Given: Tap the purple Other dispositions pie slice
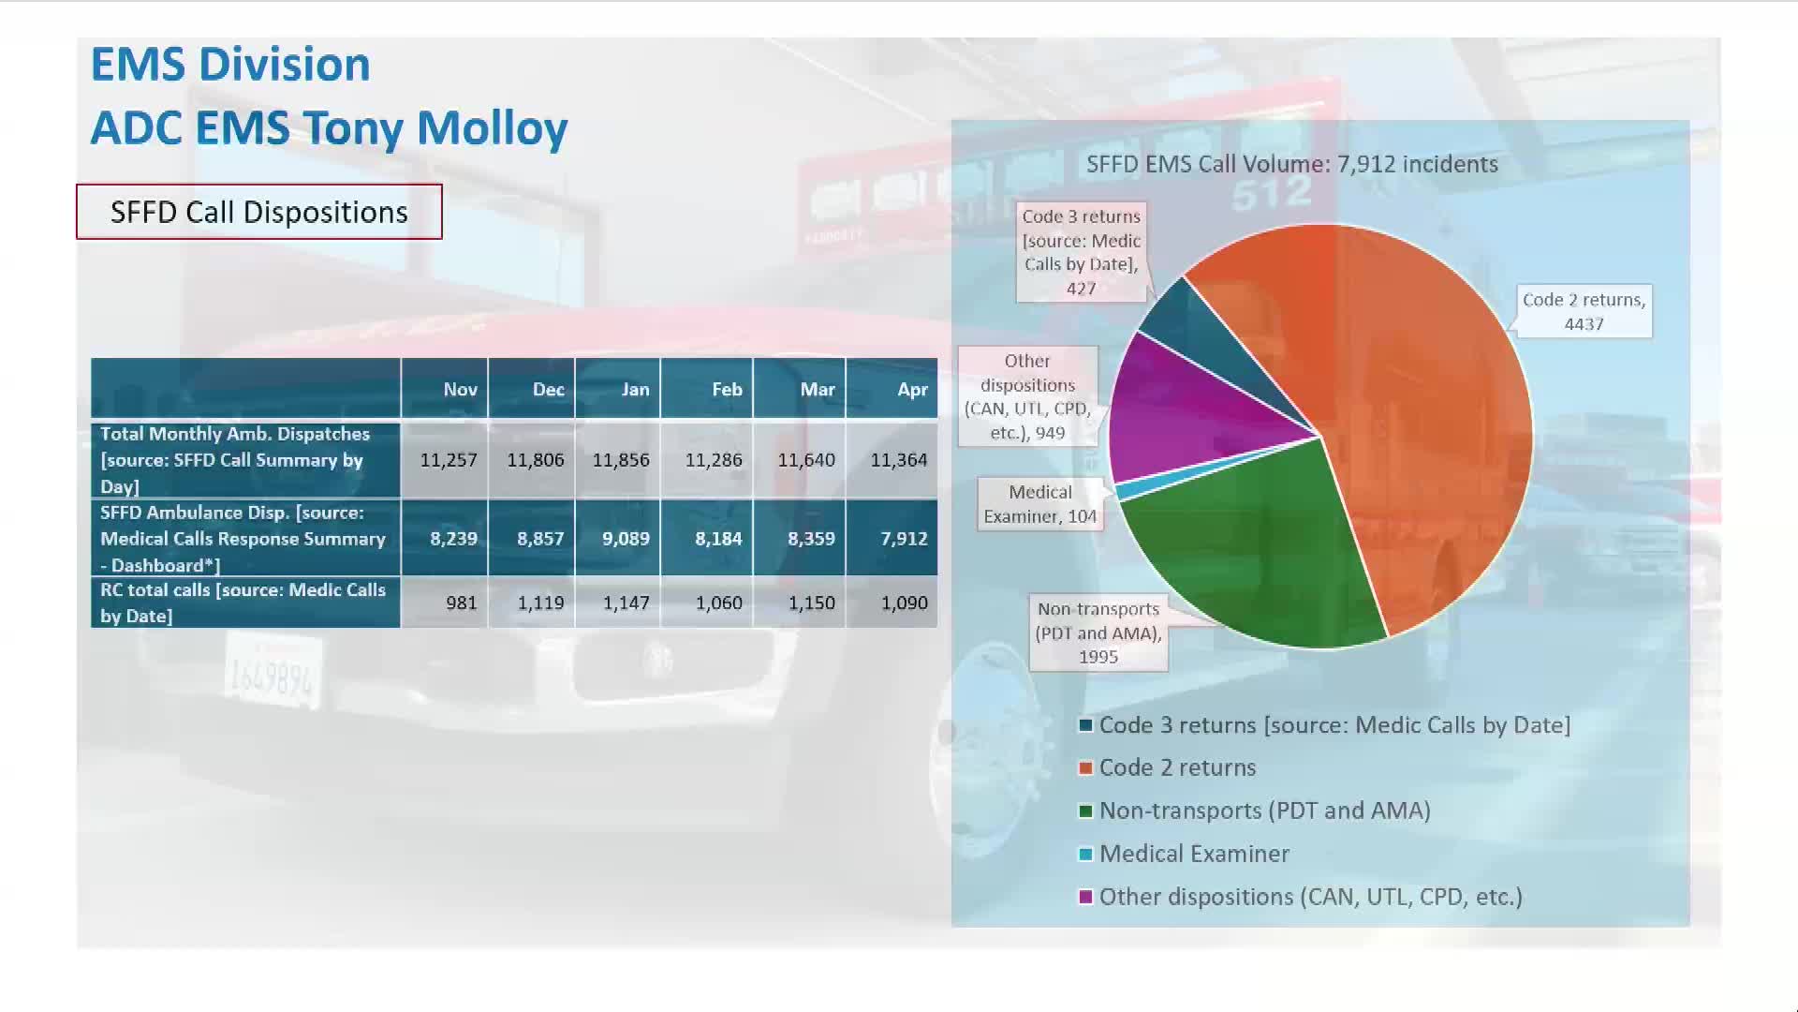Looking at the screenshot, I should tap(1180, 412).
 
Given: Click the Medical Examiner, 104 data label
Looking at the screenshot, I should tap(1039, 504).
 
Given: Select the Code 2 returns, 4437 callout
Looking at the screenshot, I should tap(1584, 311).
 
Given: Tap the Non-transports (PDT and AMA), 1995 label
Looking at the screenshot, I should tap(1098, 632).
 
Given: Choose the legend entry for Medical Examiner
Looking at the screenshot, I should tap(1194, 854).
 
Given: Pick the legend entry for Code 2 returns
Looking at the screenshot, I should tap(1177, 767).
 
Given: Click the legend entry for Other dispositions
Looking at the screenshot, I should tap(1310, 897).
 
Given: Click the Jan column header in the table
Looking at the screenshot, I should tap(635, 389).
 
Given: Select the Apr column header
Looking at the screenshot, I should tap(912, 389).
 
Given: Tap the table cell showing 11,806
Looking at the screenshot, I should tap(535, 460).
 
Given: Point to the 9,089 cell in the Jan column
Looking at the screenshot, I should tap(625, 539).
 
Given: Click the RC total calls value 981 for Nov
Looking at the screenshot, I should tap(461, 603).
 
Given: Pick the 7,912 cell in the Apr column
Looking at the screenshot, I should tap(903, 539).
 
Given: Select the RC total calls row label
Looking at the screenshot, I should tap(243, 603).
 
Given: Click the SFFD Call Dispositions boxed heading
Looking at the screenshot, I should tap(258, 212).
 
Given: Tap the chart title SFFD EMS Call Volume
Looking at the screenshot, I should tap(1291, 164).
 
